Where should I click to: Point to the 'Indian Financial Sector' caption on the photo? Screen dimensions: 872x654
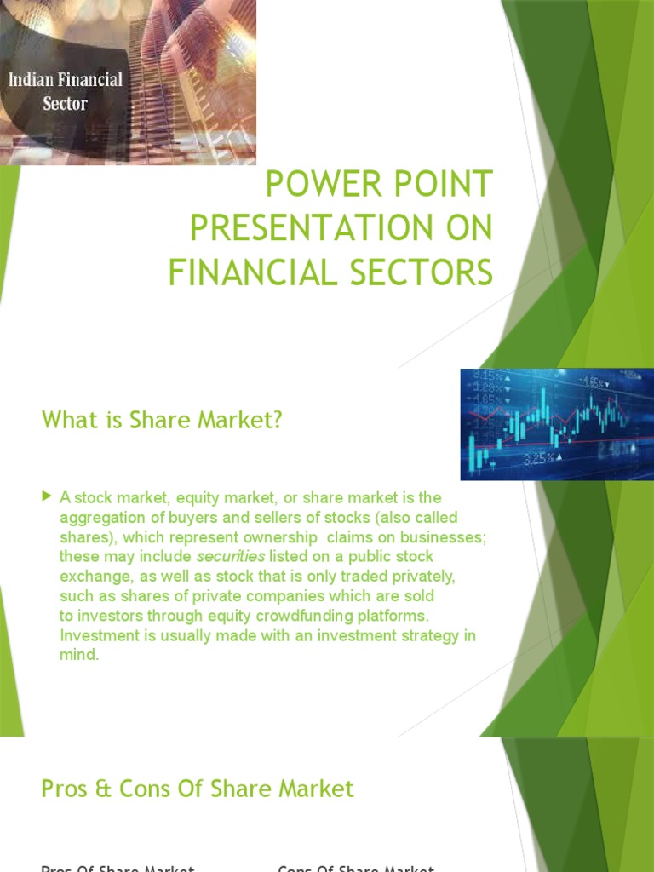coord(66,91)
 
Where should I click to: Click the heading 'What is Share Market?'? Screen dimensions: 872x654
coord(162,420)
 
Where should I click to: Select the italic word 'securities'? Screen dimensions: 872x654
coord(231,556)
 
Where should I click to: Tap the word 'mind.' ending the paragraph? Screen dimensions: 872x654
coord(79,656)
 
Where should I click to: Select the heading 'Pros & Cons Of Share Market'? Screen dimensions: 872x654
coord(198,789)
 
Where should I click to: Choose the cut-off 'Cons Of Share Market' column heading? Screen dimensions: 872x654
coord(356,868)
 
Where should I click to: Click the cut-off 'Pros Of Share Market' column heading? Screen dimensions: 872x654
coord(118,868)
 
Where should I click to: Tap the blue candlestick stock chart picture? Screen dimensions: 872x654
coord(557,423)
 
